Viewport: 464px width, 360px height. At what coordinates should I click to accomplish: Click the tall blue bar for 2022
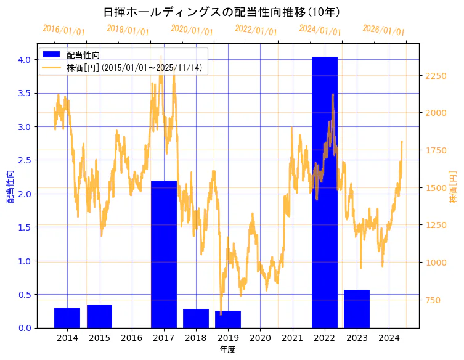click(x=324, y=192)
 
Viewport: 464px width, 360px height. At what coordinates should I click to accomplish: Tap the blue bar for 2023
click(x=356, y=308)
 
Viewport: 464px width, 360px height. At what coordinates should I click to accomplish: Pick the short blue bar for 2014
click(x=67, y=317)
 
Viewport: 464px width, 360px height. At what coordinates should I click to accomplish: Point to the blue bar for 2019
click(x=228, y=319)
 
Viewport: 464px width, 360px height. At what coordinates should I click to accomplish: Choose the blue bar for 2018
click(x=196, y=318)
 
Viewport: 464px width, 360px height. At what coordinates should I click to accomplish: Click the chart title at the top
click(x=222, y=12)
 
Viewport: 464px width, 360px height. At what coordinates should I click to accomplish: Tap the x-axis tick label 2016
click(x=131, y=338)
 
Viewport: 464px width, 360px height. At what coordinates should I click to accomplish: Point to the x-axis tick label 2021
click(x=292, y=338)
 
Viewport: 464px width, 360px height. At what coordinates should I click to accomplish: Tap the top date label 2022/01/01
click(x=256, y=30)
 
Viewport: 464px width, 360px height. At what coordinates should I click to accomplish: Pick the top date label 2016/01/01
click(x=63, y=30)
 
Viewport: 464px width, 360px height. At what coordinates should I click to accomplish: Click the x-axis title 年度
click(x=227, y=350)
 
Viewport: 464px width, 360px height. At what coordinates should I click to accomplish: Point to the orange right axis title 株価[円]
click(x=454, y=187)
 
